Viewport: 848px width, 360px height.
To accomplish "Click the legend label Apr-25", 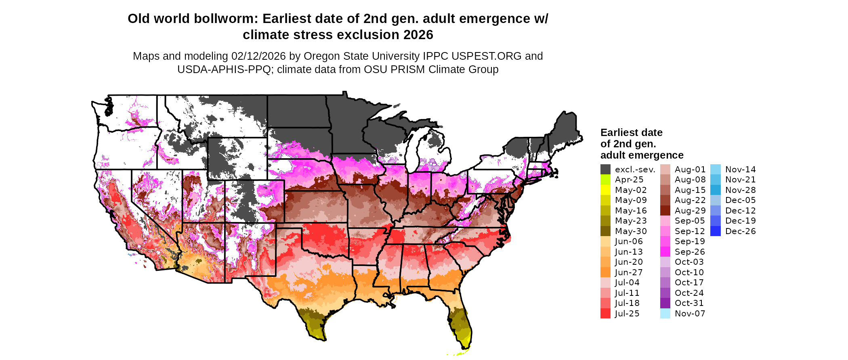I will [629, 180].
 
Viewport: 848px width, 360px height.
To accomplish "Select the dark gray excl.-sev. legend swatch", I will [605, 170].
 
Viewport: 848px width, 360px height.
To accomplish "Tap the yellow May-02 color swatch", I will [605, 190].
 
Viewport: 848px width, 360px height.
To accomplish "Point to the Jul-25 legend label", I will [627, 314].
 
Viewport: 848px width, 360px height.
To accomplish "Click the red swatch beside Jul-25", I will [605, 314].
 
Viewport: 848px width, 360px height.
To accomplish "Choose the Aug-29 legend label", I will [690, 211].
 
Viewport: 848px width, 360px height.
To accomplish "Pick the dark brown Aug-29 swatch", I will [665, 211].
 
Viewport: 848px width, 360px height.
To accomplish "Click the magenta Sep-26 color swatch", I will [665, 252].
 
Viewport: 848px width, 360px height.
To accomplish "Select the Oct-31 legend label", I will [689, 303].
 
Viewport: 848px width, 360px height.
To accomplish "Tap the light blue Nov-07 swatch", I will [665, 314].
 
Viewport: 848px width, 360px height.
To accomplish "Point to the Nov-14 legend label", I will [740, 170].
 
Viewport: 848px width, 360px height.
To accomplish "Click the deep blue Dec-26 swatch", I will [715, 231].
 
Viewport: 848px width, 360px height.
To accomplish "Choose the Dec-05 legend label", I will [740, 200].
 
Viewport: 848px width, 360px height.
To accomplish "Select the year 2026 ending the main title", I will [418, 35].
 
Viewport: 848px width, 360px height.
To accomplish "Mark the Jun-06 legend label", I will [629, 241].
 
